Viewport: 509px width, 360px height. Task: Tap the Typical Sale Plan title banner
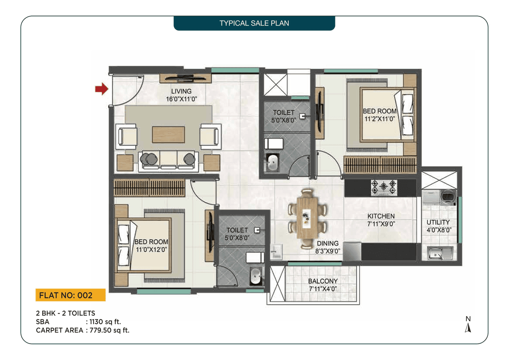[254, 23]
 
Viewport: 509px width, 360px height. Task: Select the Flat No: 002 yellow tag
[70, 295]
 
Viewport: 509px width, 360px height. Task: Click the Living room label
[181, 91]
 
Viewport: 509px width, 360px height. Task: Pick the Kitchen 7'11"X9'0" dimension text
[381, 224]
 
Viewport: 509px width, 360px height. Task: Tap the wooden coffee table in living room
[168, 134]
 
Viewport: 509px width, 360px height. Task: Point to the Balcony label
[322, 281]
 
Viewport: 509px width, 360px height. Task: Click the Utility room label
[438, 222]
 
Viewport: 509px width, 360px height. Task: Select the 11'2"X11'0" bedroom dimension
[379, 119]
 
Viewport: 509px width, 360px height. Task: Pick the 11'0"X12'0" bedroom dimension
[151, 249]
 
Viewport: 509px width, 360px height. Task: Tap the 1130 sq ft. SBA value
[105, 322]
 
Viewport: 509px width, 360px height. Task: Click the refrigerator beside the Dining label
[352, 251]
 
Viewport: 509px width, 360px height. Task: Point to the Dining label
[328, 243]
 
